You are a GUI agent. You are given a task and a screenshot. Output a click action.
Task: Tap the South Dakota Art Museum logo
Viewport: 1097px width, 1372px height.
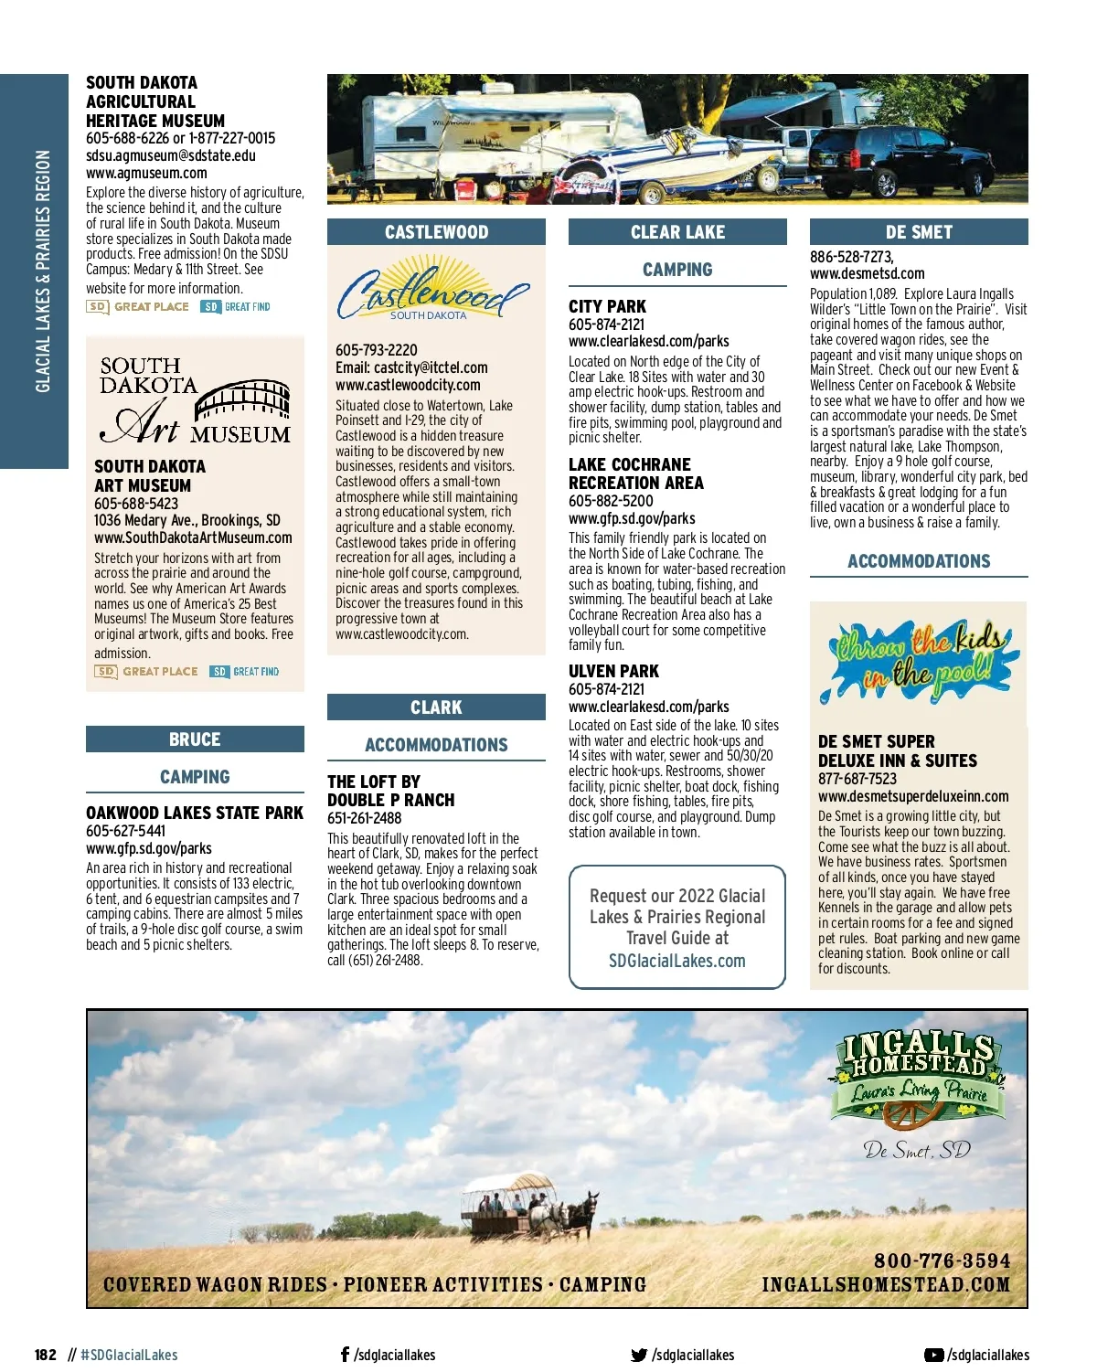[x=195, y=400]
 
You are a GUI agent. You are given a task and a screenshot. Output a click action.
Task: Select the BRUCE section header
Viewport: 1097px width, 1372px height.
[x=195, y=739]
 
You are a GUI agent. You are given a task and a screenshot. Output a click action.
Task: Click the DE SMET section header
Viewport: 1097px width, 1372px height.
[x=919, y=232]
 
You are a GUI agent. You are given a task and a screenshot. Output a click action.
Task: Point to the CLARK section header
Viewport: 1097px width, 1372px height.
[x=436, y=707]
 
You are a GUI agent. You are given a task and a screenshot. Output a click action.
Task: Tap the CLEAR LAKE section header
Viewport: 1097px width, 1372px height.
[x=677, y=232]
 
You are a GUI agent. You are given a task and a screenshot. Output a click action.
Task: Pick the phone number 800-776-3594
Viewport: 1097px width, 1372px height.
[x=942, y=1260]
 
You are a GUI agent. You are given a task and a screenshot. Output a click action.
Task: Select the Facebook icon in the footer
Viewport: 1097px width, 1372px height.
[x=345, y=1355]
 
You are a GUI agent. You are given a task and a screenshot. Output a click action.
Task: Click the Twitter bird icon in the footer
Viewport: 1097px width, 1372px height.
[x=639, y=1355]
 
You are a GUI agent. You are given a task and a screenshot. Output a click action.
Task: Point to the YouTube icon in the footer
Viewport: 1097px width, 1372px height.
[x=933, y=1355]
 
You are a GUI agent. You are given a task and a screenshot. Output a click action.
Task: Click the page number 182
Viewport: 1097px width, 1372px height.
[x=46, y=1355]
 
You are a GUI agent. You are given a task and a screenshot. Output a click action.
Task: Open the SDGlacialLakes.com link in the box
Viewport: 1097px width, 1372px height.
[x=677, y=961]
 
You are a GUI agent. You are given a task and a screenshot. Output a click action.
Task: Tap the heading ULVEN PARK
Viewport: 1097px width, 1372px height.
[x=613, y=671]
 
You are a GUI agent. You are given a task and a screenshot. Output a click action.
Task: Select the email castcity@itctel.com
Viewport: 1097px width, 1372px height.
[x=431, y=367]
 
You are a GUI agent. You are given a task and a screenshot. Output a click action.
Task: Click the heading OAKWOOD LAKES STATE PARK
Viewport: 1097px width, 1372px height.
[x=195, y=813]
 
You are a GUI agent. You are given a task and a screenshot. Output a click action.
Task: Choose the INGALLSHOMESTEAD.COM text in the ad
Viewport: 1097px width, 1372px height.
[x=886, y=1284]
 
